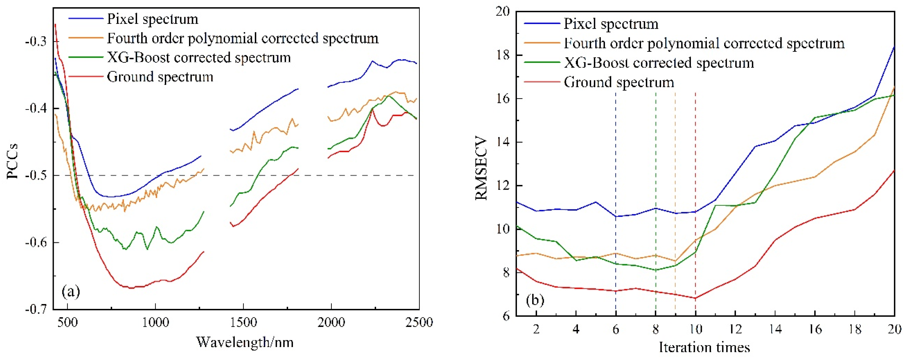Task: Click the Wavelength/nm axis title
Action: pos(245,342)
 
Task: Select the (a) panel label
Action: pos(71,292)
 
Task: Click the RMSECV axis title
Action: pos(481,169)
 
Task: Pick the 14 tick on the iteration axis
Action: pos(775,329)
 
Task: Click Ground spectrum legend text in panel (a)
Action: pos(160,77)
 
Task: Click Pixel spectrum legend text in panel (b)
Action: pos(611,24)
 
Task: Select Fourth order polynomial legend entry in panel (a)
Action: pos(243,38)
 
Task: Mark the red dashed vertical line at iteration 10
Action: pos(695,197)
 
